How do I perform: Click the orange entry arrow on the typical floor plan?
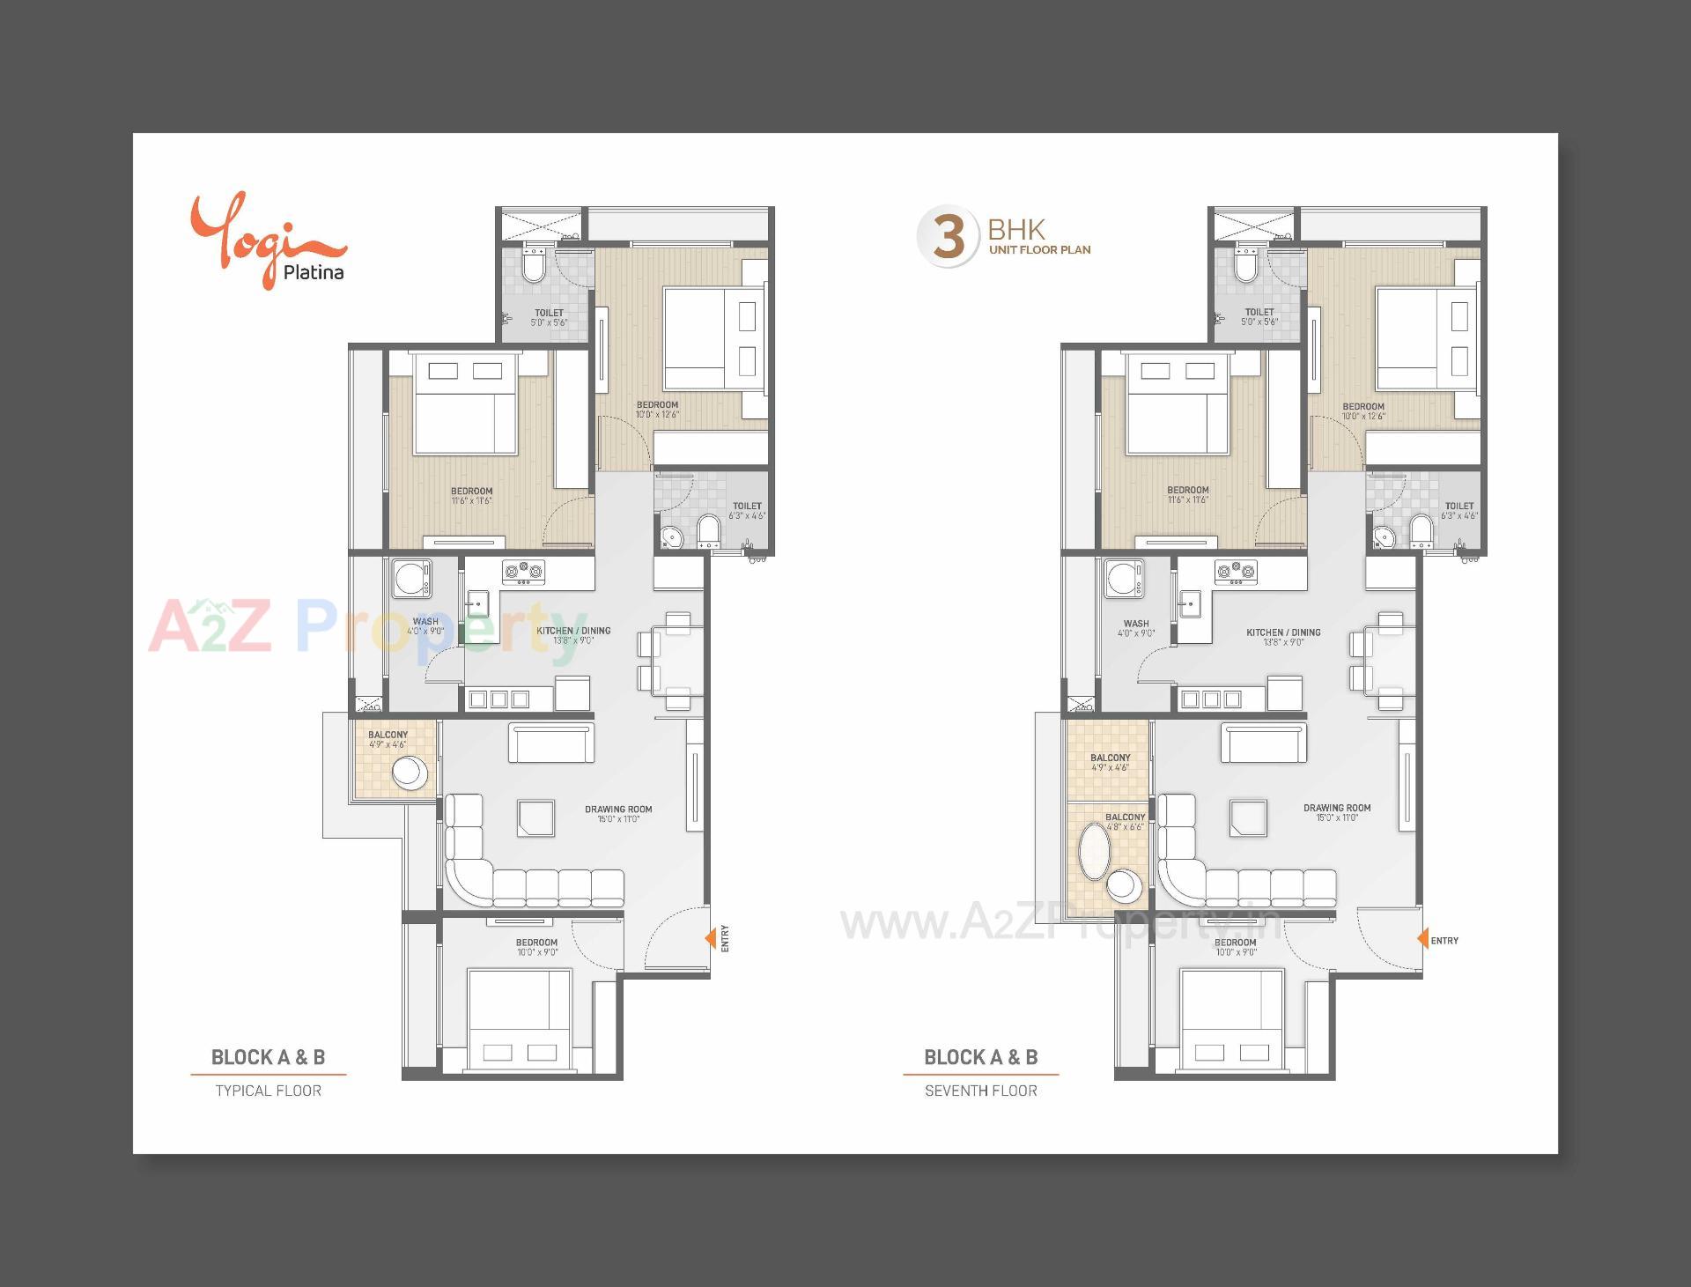point(710,939)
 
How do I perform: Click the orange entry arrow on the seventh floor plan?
point(1422,940)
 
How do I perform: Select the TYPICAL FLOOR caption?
point(269,1091)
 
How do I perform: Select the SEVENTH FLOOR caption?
point(980,1091)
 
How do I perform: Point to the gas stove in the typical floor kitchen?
point(523,572)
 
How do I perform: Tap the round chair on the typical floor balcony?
point(409,773)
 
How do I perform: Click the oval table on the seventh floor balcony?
point(1095,851)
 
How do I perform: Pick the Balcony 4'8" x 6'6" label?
point(1125,822)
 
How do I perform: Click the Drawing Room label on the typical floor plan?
point(618,813)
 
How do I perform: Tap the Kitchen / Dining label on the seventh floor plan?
point(1283,637)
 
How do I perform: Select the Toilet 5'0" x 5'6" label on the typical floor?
point(549,317)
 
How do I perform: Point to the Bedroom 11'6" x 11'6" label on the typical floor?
point(471,496)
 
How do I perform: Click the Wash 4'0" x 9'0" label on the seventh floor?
point(1136,628)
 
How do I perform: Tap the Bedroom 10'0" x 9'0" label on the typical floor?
point(536,947)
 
